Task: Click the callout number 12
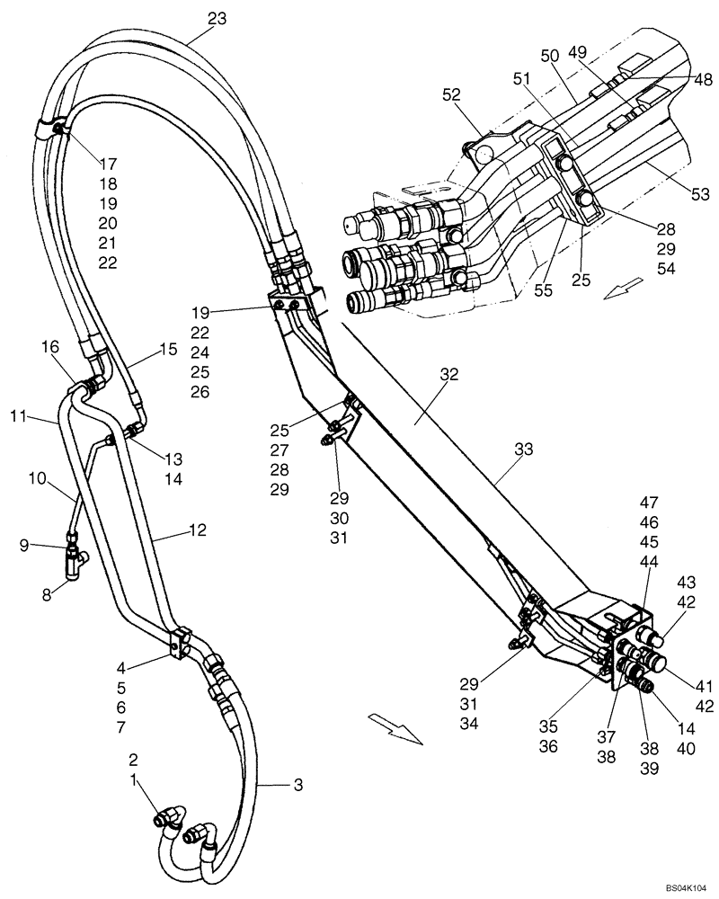(198, 530)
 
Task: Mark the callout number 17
(109, 164)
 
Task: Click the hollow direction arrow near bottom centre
(396, 728)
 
